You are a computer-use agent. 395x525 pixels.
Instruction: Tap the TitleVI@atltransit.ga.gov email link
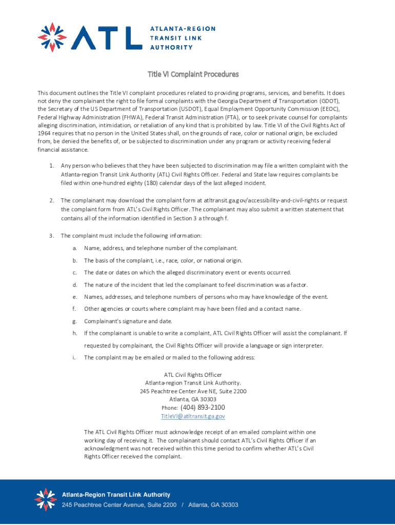(x=193, y=416)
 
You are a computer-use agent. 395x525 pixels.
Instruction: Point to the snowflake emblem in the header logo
(x=53, y=37)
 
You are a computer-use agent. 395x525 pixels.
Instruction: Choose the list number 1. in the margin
(x=52, y=166)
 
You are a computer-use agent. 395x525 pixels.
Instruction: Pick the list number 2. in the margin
(x=52, y=200)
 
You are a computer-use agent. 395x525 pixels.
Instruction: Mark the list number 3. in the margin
(x=52, y=236)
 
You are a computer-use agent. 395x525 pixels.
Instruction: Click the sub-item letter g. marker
(x=75, y=321)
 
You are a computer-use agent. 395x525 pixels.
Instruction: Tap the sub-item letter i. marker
(x=75, y=357)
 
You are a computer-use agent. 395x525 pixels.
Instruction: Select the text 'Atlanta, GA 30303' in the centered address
(x=193, y=399)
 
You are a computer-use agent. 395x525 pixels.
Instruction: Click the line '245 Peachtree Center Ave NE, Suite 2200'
(x=193, y=391)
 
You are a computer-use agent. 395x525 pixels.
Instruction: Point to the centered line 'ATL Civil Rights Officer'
(x=193, y=374)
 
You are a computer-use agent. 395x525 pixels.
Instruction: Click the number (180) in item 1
(x=139, y=182)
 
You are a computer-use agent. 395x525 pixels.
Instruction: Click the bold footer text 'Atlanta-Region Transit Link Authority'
(x=116, y=495)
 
